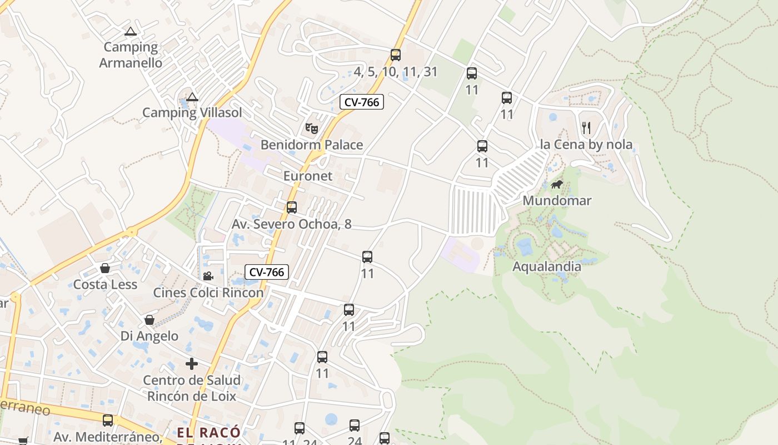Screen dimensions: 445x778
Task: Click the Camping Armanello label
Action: pyautogui.click(x=131, y=55)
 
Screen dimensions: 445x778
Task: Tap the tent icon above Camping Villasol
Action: pyautogui.click(x=192, y=97)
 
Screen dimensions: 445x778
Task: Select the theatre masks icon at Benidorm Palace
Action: pyautogui.click(x=312, y=128)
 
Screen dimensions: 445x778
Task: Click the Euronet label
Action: pyautogui.click(x=308, y=176)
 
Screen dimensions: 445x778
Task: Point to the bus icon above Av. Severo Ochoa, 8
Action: pyautogui.click(x=292, y=207)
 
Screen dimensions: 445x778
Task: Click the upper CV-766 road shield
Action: pyautogui.click(x=362, y=102)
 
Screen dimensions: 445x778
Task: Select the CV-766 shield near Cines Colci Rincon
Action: pyautogui.click(x=267, y=272)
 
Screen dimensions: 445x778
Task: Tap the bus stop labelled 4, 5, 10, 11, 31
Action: pyautogui.click(x=396, y=55)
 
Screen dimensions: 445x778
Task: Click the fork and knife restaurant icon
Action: pyautogui.click(x=586, y=128)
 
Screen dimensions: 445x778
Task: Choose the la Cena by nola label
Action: pyautogui.click(x=586, y=145)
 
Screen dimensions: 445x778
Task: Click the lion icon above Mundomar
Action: pyautogui.click(x=556, y=184)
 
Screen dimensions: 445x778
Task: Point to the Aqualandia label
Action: pyautogui.click(x=547, y=266)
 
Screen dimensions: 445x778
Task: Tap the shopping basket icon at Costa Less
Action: pyautogui.click(x=105, y=269)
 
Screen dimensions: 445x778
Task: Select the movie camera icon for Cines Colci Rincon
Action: pyautogui.click(x=208, y=276)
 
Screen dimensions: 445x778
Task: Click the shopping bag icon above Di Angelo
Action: pyautogui.click(x=149, y=320)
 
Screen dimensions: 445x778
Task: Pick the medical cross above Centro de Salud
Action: pyautogui.click(x=192, y=364)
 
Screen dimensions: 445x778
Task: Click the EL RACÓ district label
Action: pyautogui.click(x=209, y=433)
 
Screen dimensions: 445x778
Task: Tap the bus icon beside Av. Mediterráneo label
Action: pyautogui.click(x=108, y=421)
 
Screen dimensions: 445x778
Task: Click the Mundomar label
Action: pyautogui.click(x=557, y=201)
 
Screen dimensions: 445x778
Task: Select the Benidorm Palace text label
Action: pyautogui.click(x=312, y=145)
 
